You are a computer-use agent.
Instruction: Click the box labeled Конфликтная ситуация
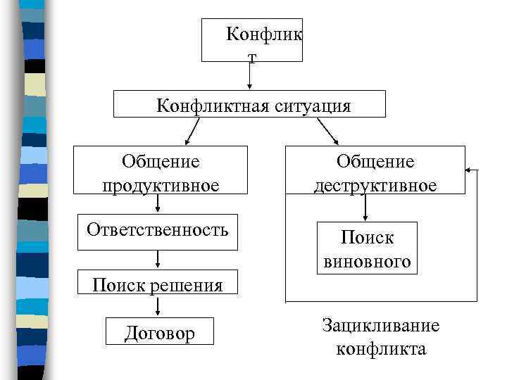pos(250,104)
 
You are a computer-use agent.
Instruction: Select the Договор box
pos(159,332)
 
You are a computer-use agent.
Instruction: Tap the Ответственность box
pos(158,232)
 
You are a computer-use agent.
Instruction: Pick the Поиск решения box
pos(158,283)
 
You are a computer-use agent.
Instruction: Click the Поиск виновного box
pos(367,248)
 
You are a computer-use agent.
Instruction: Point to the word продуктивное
pos(161,185)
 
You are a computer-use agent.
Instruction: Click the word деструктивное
pos(375,185)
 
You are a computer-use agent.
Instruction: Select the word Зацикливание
pos(381,326)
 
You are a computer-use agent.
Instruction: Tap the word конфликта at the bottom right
pos(381,348)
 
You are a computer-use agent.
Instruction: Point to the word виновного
pos(367,261)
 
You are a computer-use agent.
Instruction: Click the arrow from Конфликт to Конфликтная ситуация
pos(250,75)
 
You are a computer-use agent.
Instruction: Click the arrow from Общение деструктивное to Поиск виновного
pos(365,208)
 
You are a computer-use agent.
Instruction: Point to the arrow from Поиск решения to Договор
pos(158,305)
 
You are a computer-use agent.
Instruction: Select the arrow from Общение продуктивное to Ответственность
pos(158,203)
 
